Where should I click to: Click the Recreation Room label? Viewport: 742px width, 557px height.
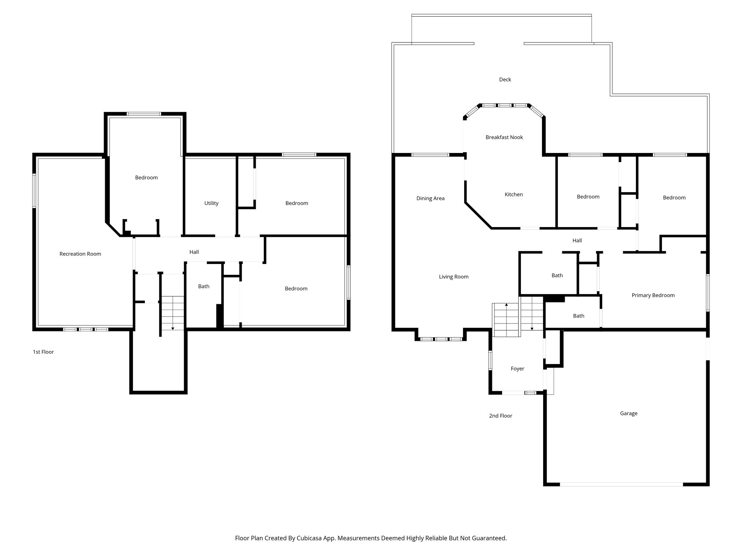[80, 254]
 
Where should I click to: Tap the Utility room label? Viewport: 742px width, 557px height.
[211, 203]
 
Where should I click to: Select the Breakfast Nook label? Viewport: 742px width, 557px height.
[504, 137]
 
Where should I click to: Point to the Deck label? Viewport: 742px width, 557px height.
[505, 79]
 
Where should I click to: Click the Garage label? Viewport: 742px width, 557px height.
[629, 413]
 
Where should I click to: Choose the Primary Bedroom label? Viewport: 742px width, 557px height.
[653, 295]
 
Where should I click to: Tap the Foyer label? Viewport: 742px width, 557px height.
[517, 368]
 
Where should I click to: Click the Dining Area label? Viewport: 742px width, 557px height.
[430, 198]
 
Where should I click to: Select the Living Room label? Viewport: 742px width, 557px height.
[454, 277]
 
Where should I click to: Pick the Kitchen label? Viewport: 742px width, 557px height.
[513, 194]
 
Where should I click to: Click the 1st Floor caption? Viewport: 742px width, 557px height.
[43, 352]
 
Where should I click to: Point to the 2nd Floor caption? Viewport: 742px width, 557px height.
[500, 416]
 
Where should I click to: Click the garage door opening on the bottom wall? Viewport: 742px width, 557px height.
[621, 484]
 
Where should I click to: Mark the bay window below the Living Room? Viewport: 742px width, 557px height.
[441, 339]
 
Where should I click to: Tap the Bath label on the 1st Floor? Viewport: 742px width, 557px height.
[204, 286]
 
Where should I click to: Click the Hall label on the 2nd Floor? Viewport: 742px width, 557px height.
[577, 240]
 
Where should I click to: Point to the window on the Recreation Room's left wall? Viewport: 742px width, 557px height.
[34, 191]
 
